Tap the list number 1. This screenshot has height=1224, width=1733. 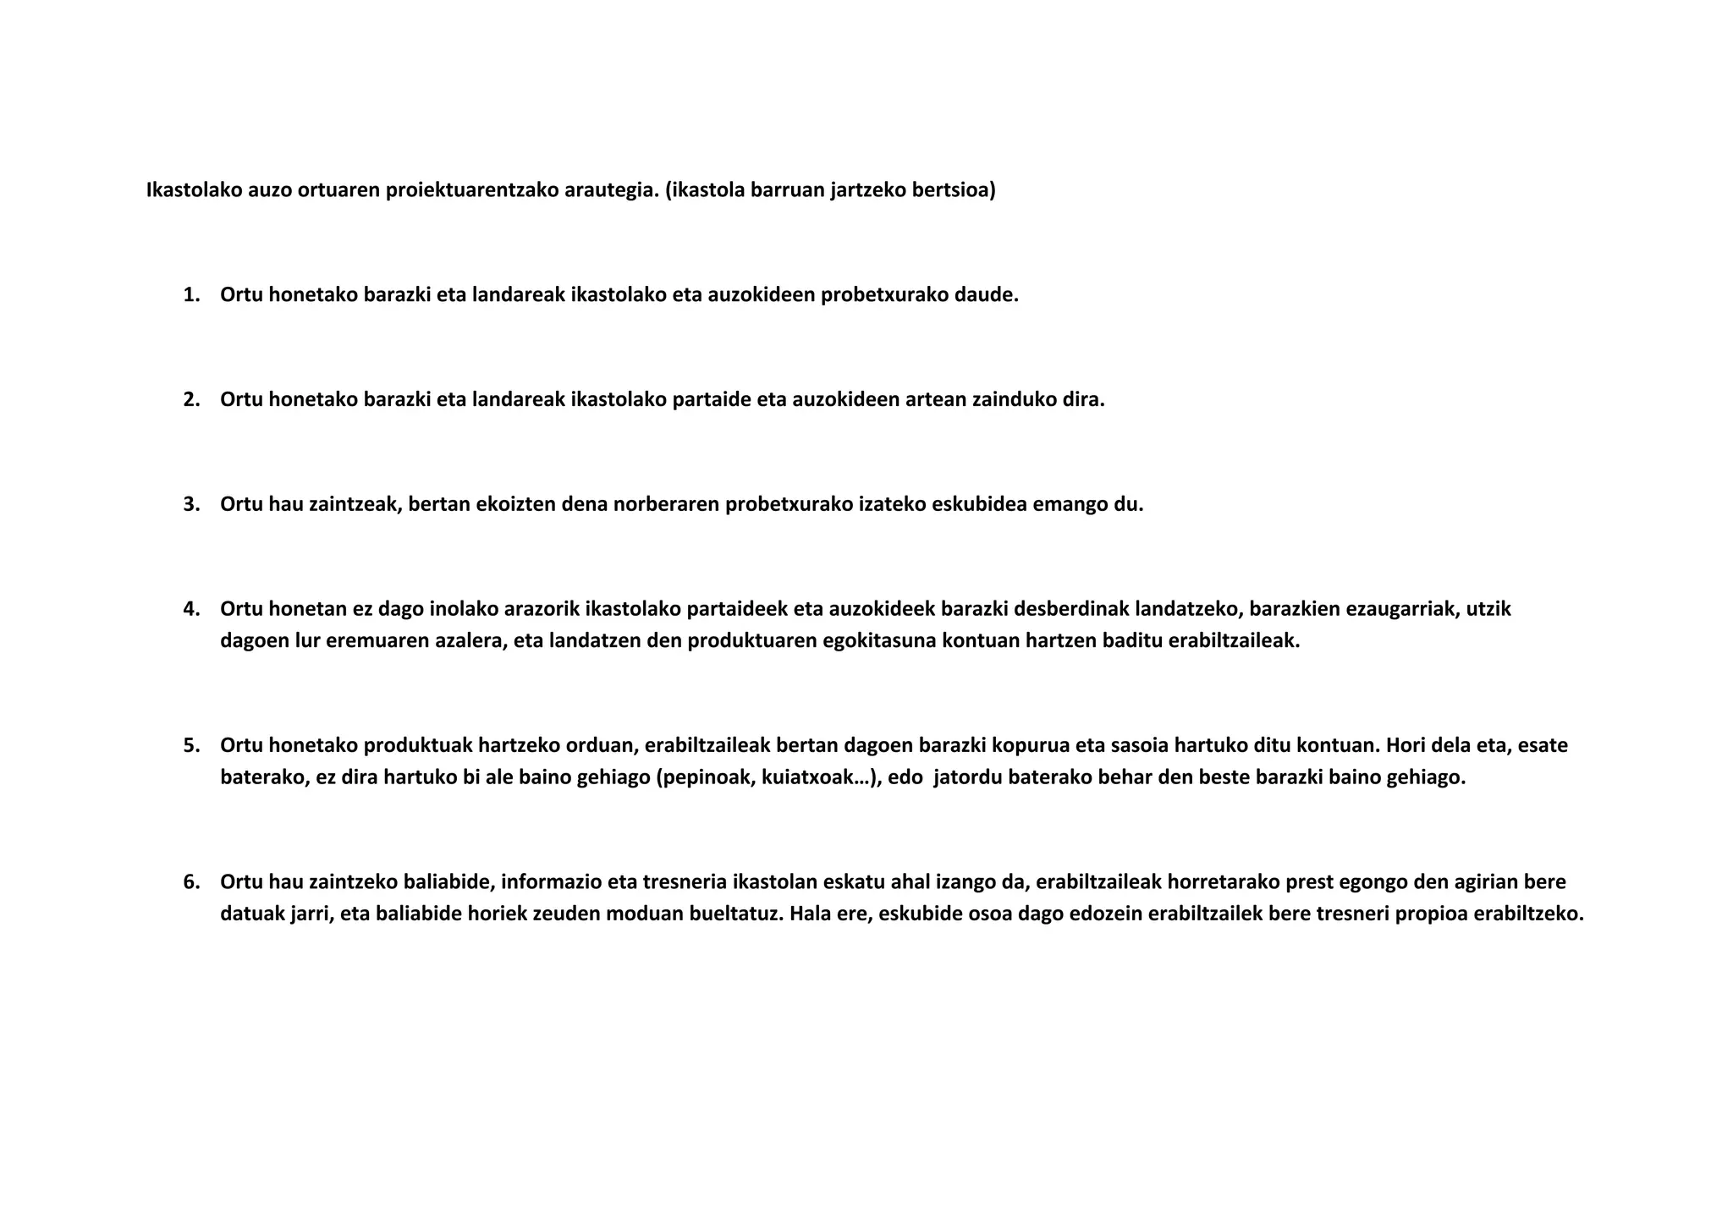190,295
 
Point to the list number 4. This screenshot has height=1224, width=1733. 190,609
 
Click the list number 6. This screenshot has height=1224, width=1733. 190,882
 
